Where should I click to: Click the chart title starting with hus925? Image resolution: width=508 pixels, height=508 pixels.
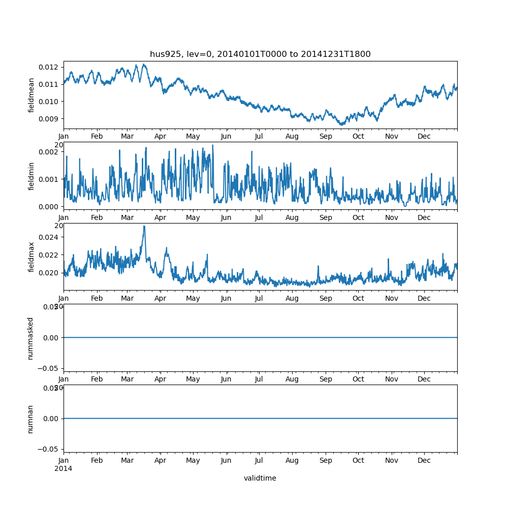(260, 54)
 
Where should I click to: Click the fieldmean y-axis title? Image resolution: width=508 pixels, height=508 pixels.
(31, 95)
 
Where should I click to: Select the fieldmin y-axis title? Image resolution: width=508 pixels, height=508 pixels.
(31, 176)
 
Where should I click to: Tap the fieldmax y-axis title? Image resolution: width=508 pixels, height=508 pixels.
(31, 257)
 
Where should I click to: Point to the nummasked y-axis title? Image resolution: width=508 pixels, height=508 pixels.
(30, 338)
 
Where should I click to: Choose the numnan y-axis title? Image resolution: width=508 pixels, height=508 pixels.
(30, 419)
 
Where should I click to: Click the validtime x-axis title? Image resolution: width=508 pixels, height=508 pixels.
(260, 478)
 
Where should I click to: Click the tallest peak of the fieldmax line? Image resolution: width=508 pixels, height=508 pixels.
(144, 227)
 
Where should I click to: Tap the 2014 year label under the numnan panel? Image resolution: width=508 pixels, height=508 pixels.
(63, 468)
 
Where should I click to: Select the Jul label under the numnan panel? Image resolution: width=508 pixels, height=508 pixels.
(259, 460)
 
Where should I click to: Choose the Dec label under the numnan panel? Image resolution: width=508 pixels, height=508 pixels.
(424, 460)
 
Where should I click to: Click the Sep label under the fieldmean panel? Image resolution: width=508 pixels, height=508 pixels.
(326, 136)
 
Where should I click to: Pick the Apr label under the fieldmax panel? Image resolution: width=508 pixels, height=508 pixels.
(161, 298)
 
